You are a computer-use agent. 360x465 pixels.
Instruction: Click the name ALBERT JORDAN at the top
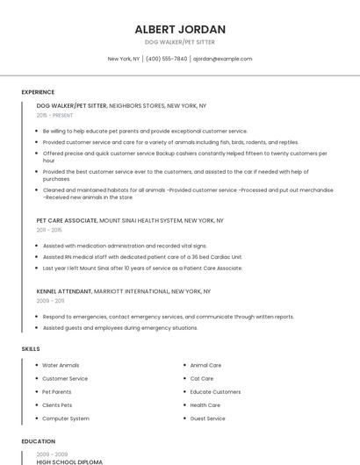coord(180,29)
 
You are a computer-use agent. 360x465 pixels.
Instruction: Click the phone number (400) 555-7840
coord(166,59)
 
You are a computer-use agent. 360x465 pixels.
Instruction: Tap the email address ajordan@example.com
coord(222,59)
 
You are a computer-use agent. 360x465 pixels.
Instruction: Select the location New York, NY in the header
coord(124,59)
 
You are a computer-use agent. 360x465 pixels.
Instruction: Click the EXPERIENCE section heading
coord(38,92)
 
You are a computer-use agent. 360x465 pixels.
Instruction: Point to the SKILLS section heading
coord(31,349)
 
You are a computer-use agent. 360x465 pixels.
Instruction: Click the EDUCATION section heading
coord(38,441)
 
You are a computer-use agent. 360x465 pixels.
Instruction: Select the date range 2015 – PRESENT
coord(54,115)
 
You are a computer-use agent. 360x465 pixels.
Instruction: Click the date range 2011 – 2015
coord(49,230)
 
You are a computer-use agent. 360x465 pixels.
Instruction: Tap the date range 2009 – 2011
coord(49,300)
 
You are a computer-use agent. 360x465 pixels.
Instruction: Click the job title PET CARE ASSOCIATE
coord(67,221)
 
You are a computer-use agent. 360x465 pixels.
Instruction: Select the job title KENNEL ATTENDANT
coord(65,291)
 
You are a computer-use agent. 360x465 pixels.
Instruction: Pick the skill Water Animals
coord(61,365)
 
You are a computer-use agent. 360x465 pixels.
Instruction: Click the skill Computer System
coord(66,418)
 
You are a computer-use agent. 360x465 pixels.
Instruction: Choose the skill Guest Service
coord(208,418)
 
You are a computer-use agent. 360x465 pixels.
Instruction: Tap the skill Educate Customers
coord(215,391)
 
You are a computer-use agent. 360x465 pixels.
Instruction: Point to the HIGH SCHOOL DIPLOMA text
coord(69,461)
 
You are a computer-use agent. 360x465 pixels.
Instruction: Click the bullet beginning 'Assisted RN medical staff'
coord(142,257)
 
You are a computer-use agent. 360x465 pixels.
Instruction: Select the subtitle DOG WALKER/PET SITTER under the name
coord(180,42)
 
